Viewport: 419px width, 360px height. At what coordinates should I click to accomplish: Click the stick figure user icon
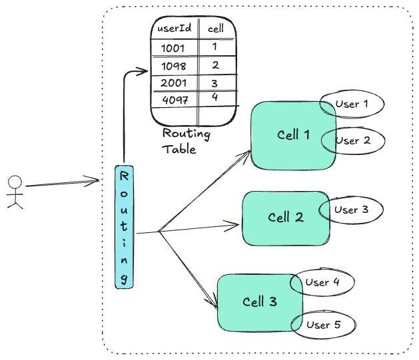pos(15,192)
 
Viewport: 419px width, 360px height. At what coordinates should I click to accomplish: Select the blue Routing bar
pos(124,226)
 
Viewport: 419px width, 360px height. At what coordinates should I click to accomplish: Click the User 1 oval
pos(352,104)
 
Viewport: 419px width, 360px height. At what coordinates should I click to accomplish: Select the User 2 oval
pos(353,141)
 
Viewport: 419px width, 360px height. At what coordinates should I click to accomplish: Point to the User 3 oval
pos(351,210)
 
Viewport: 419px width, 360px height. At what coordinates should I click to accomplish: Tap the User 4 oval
pos(322,282)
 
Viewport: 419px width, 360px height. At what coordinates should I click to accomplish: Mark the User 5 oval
pos(324,325)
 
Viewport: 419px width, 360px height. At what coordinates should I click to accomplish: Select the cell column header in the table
pos(216,29)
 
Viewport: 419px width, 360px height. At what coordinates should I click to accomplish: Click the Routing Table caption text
pos(187,142)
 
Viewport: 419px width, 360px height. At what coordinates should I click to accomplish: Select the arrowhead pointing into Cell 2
pos(233,226)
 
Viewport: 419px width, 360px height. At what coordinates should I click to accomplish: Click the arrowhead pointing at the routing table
pos(143,70)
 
